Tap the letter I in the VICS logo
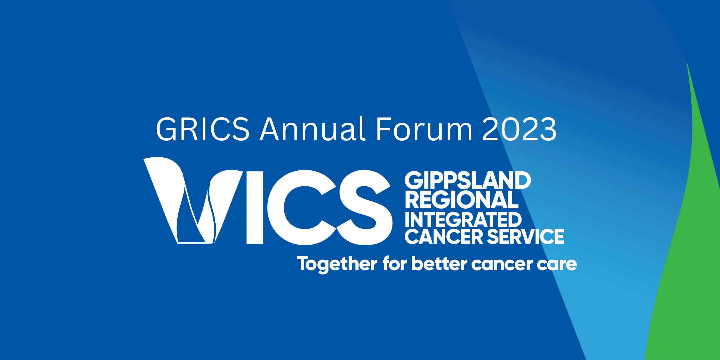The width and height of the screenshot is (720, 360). click(255, 207)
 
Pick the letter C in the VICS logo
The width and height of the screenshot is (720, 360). click(302, 207)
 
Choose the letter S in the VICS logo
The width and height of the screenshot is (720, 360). click(365, 207)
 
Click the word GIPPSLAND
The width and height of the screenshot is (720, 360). click(468, 180)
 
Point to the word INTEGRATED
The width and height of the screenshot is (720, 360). click(463, 220)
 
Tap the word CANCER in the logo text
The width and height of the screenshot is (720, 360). click(444, 236)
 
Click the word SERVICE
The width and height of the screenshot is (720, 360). click(525, 236)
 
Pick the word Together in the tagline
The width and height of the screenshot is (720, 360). click(337, 264)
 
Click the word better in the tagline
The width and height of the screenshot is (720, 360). click(439, 264)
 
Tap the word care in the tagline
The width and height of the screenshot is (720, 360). click(557, 265)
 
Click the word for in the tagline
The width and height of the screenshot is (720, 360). click(395, 264)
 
